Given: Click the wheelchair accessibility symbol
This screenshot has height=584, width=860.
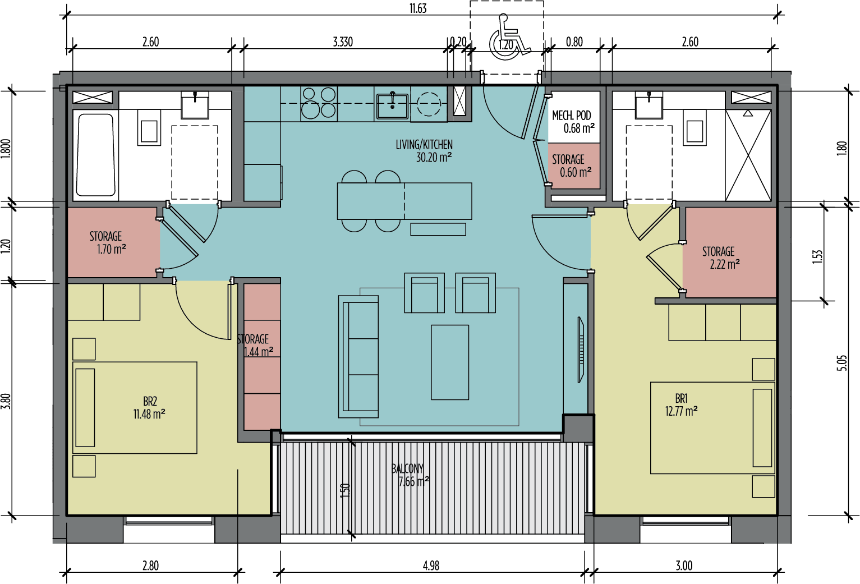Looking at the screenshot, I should tap(509, 38).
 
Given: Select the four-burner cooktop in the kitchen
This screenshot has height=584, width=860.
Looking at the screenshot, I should tap(318, 103).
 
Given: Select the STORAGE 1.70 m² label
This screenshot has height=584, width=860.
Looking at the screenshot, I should tap(106, 242).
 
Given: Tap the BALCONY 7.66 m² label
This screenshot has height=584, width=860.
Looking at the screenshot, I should tap(409, 475).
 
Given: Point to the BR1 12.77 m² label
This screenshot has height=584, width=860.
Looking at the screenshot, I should tap(681, 404).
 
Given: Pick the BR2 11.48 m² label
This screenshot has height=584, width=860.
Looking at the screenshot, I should tap(149, 408).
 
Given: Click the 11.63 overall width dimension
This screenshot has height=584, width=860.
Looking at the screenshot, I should tap(418, 8).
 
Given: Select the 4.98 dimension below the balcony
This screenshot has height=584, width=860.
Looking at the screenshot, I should tap(431, 565).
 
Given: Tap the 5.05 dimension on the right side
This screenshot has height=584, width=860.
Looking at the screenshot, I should tap(841, 362).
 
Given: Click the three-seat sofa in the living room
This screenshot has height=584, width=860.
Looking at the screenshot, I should tap(358, 357).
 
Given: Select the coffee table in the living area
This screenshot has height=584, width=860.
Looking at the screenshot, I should tap(450, 362).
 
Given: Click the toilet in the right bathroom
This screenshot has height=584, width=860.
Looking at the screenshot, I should tap(695, 128).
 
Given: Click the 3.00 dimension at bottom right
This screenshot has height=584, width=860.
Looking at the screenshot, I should tap(684, 565).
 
